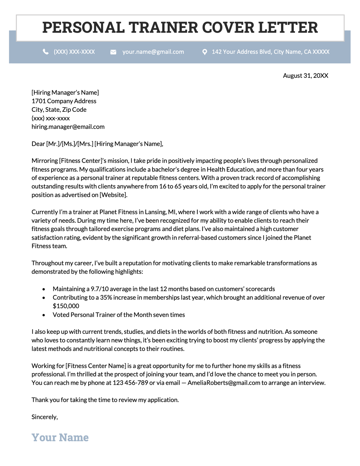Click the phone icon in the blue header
tap(46, 52)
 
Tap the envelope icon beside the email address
tap(113, 52)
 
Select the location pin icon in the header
tap(204, 52)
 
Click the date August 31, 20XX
tap(305, 76)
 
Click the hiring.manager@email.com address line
tap(68, 127)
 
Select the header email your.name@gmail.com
tap(153, 52)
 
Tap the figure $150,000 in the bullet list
tap(66, 306)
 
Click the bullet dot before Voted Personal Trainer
tap(44, 315)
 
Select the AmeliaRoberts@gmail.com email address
tap(224, 383)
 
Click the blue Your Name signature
tap(60, 438)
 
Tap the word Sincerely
tap(44, 417)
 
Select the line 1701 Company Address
tap(64, 101)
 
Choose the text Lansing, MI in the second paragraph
tap(156, 212)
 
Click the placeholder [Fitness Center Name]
tap(96, 366)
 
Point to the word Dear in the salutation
tap(38, 144)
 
